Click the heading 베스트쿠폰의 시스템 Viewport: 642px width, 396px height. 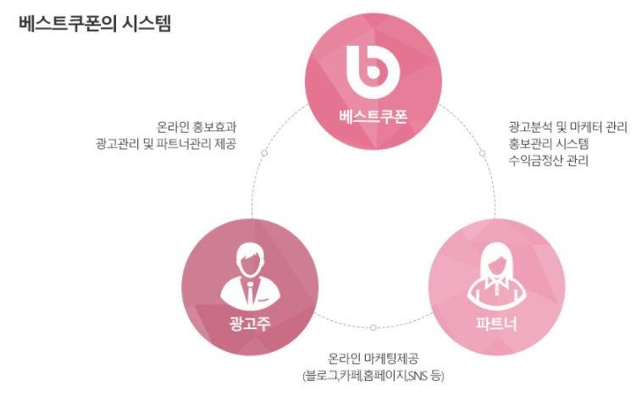click(94, 24)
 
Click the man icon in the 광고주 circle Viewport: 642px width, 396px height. click(250, 274)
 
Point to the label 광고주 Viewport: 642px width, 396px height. click(250, 323)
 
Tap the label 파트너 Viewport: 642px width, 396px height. click(496, 324)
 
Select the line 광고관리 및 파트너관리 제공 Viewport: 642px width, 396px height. click(165, 144)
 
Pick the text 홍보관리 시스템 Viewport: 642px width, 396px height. click(544, 144)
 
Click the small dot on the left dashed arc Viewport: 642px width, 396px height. click(264, 153)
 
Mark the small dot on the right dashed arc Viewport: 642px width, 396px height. click(482, 153)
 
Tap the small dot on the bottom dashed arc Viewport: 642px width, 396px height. click(374, 327)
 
